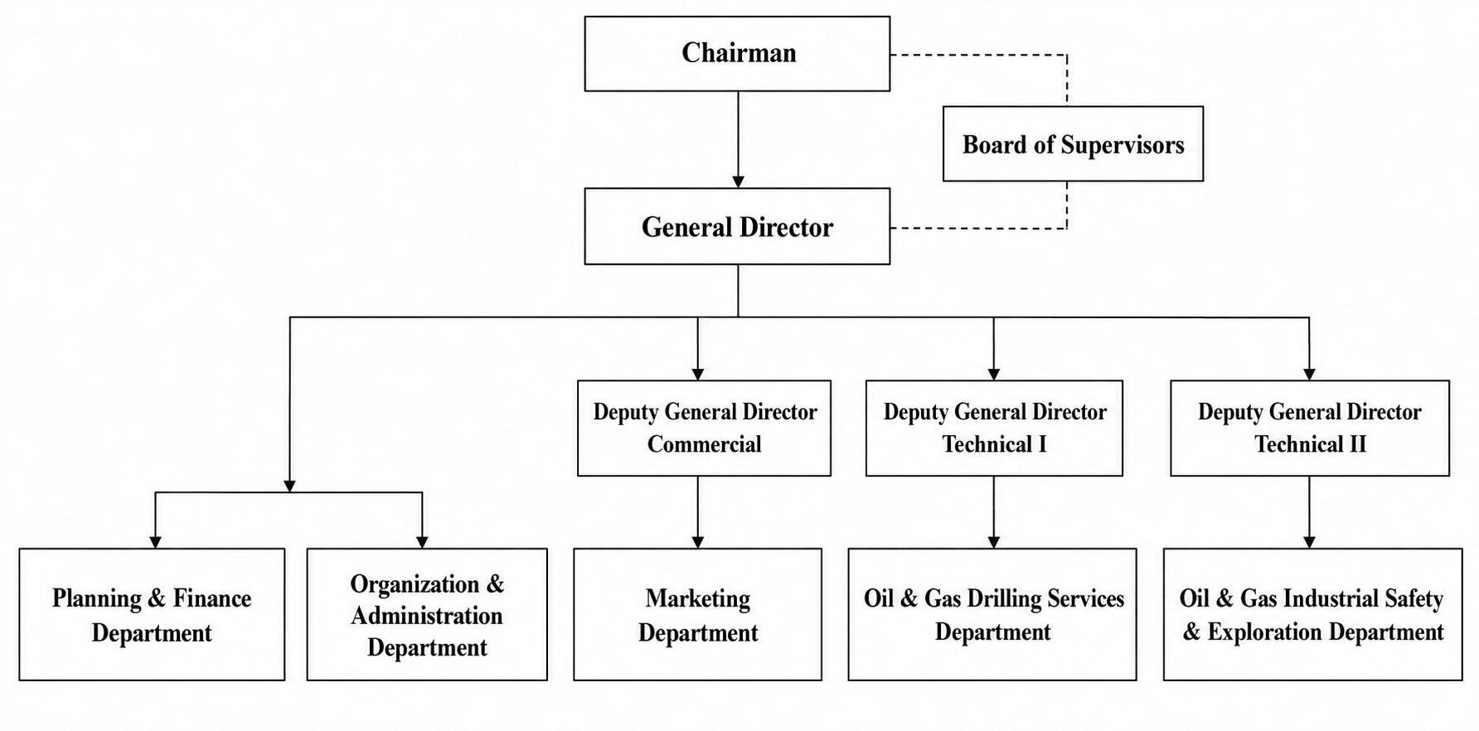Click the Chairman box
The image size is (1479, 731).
[x=737, y=54]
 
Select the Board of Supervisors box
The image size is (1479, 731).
[x=1073, y=144]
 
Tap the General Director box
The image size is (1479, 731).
[x=737, y=226]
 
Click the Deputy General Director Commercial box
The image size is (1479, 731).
[x=704, y=428]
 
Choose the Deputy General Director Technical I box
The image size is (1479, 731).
[x=994, y=428]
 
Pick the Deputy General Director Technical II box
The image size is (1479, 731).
[x=1310, y=428]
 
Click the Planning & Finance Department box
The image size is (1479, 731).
[x=152, y=614]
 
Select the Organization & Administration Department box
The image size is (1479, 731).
[x=427, y=614]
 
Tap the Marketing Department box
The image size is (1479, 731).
[x=697, y=614]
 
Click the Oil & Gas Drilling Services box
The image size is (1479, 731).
[x=992, y=614]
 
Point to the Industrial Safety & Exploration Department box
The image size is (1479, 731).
[x=1312, y=614]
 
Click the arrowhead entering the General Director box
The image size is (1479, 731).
[x=738, y=182]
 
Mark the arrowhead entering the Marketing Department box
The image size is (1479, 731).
[x=697, y=542]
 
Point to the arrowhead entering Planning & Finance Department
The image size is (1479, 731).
[x=155, y=542]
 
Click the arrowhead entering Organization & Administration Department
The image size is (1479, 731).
[x=422, y=542]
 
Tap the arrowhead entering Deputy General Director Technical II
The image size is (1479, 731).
[x=1309, y=375]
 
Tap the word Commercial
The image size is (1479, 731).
[x=704, y=444]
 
